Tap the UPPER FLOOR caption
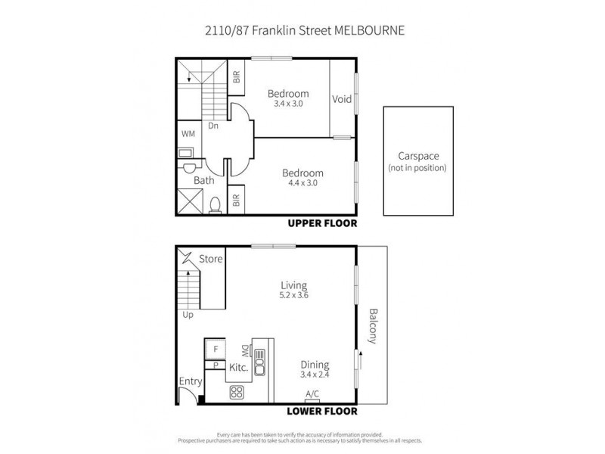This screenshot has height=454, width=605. pos(322,224)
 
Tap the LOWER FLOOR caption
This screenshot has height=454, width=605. pos(321,412)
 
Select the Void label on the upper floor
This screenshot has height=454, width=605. pos(342,99)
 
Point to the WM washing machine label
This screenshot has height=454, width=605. pos(188,133)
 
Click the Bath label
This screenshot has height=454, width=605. pos(203,180)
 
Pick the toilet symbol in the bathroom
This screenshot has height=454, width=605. pos(214,203)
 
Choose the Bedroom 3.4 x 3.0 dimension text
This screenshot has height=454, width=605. pos(288,104)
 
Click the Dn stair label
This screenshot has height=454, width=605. pos(213,126)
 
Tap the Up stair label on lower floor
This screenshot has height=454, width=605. pos(188,316)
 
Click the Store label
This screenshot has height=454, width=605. pos(211,260)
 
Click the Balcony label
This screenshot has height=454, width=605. pos(372,327)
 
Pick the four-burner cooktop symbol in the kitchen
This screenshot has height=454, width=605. pos(236,392)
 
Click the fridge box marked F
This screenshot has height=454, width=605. pos(216,349)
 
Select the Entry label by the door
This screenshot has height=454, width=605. pos(188,382)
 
